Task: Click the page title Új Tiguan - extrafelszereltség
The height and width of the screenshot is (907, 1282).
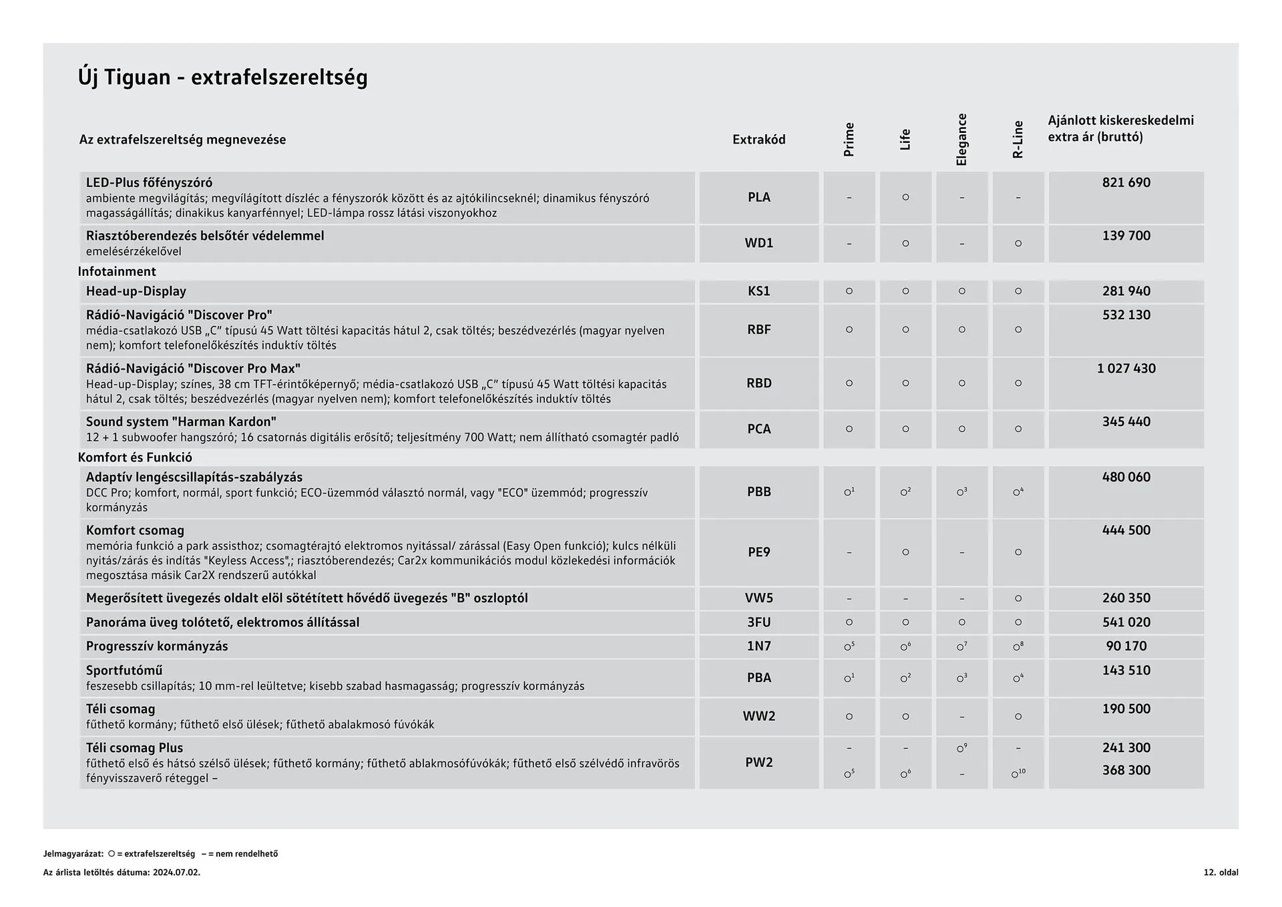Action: point(222,77)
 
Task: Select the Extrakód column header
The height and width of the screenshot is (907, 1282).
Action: point(759,140)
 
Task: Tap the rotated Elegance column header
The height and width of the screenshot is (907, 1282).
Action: point(961,140)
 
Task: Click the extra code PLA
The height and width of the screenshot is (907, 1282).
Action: point(759,197)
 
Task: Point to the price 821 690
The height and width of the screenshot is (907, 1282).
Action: point(1126,182)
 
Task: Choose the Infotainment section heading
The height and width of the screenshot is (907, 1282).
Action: point(117,271)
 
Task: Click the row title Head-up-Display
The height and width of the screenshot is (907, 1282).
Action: point(136,291)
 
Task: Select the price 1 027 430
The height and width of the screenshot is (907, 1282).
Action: point(1126,368)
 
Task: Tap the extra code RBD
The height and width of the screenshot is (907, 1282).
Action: point(759,383)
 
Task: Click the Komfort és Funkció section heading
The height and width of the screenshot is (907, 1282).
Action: point(135,458)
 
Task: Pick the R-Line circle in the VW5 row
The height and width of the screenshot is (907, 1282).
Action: point(1018,598)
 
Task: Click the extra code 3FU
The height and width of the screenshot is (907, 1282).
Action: point(759,622)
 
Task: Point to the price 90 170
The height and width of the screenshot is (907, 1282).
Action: point(1126,646)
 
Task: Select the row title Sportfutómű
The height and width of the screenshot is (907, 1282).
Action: point(124,670)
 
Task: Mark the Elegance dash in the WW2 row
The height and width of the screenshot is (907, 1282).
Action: point(961,717)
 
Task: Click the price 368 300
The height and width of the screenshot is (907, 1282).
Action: point(1126,770)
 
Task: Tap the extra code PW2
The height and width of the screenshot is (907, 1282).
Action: point(759,762)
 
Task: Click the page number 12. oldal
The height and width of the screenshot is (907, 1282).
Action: point(1221,872)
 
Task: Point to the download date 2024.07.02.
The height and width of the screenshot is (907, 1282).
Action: point(176,872)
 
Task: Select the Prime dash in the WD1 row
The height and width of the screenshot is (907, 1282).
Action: point(849,244)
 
